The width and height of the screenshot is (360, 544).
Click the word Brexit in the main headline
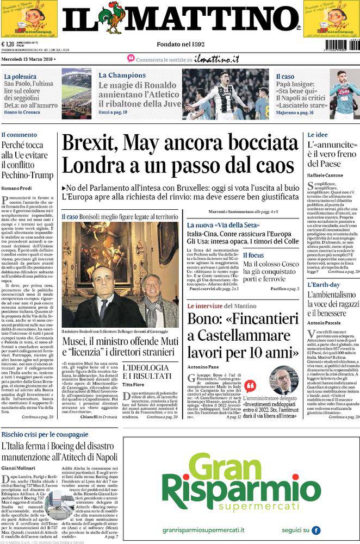pos(89,142)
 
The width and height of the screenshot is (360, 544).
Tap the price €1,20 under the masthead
pos(8,45)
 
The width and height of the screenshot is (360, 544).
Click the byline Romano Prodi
pos(16,187)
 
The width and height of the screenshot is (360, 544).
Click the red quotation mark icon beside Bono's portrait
pos(250,386)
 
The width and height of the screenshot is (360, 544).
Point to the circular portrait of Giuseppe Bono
pos(283,380)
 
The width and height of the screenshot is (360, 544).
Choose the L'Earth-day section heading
pos(324,284)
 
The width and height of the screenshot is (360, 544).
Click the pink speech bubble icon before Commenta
pos(131,58)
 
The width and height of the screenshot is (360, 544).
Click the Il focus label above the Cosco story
pos(253,254)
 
